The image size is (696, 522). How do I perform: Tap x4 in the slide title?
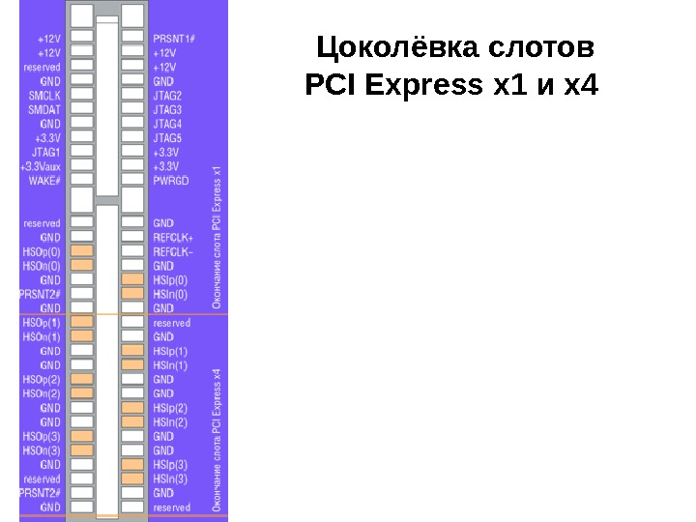(x=580, y=88)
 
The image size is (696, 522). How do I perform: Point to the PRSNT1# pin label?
(x=174, y=39)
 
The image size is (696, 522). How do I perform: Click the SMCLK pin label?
(x=44, y=96)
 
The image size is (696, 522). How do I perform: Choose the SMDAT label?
(x=44, y=109)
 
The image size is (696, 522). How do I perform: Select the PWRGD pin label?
(x=170, y=181)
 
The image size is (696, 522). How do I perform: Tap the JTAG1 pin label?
(x=46, y=152)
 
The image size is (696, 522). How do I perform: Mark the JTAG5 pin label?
(x=167, y=138)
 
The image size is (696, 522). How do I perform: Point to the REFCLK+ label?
(x=173, y=237)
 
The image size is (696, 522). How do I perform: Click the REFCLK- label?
(x=173, y=250)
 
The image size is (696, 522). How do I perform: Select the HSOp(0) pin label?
(x=42, y=251)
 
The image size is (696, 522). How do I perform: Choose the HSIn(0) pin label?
(x=170, y=294)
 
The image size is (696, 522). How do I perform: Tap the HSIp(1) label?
(x=170, y=352)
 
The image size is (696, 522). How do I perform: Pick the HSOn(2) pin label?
(x=42, y=393)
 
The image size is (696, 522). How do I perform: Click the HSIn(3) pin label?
(x=170, y=478)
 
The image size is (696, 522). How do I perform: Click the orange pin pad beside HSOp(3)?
(x=83, y=436)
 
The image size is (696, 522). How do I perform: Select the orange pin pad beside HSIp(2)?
(x=132, y=408)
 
